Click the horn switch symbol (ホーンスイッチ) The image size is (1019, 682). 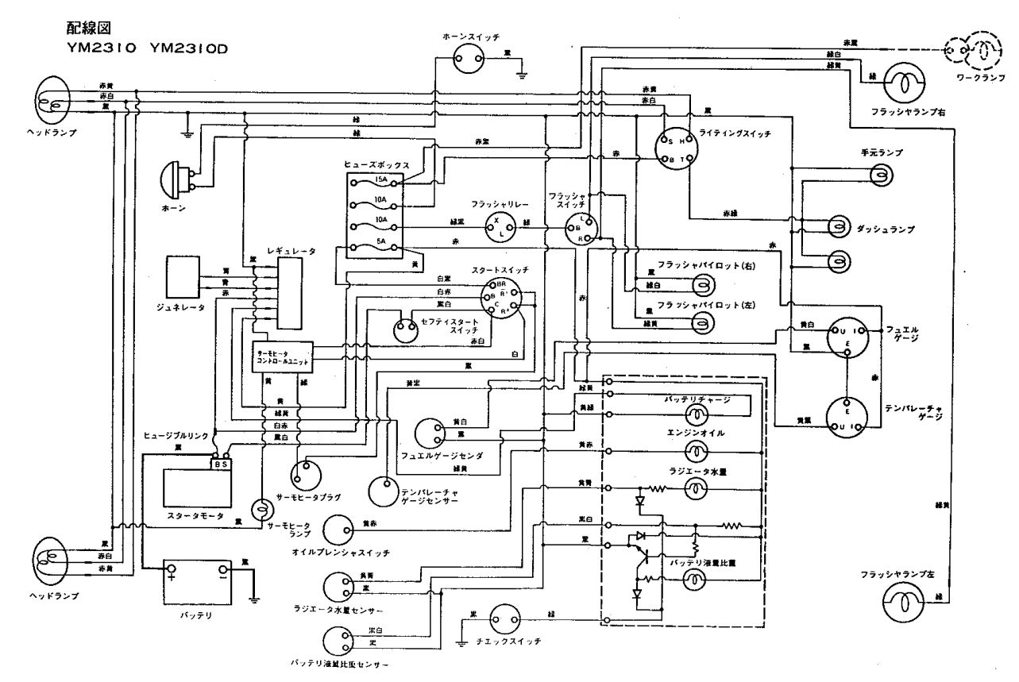tap(469, 57)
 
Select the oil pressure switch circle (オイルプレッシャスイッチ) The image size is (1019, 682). tap(338, 530)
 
